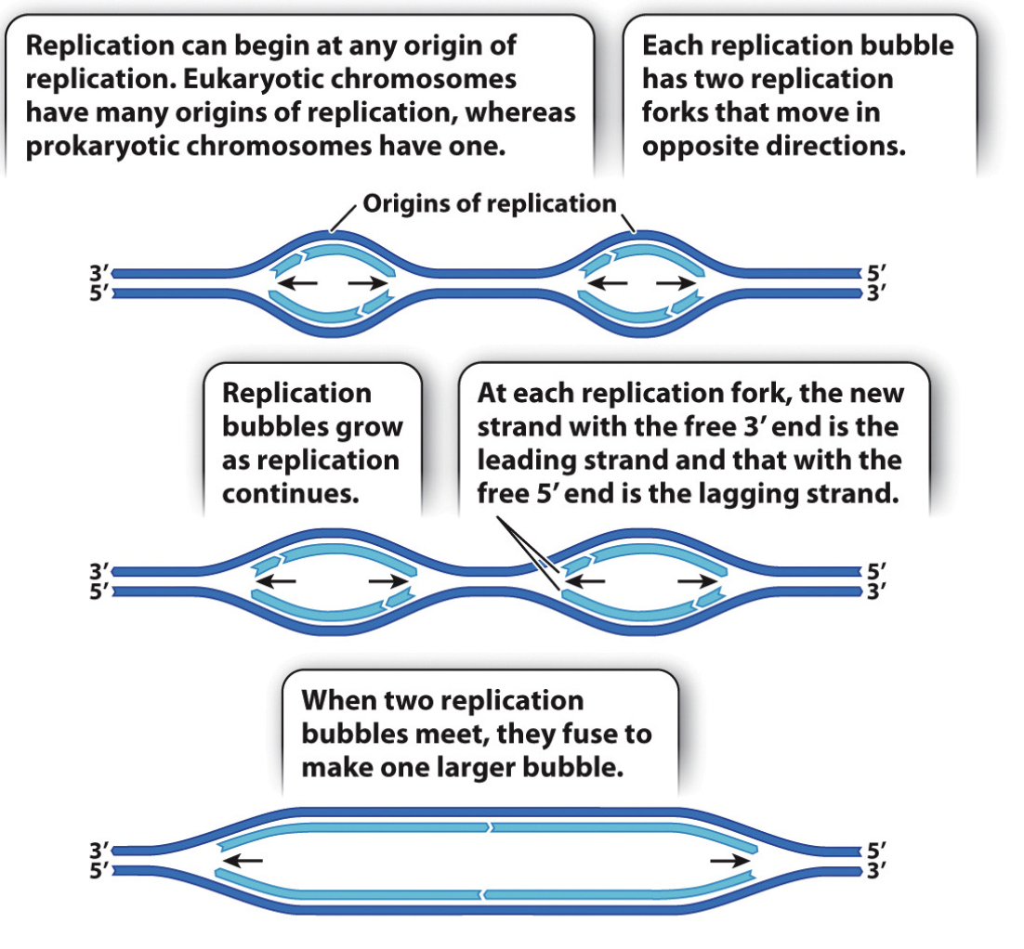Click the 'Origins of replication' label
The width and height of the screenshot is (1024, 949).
489,203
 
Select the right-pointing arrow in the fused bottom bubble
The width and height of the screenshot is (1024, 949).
730,861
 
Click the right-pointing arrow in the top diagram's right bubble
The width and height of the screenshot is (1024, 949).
675,282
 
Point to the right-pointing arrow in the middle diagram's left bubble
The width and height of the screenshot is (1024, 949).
388,581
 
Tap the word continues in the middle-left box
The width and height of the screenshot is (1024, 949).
290,492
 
